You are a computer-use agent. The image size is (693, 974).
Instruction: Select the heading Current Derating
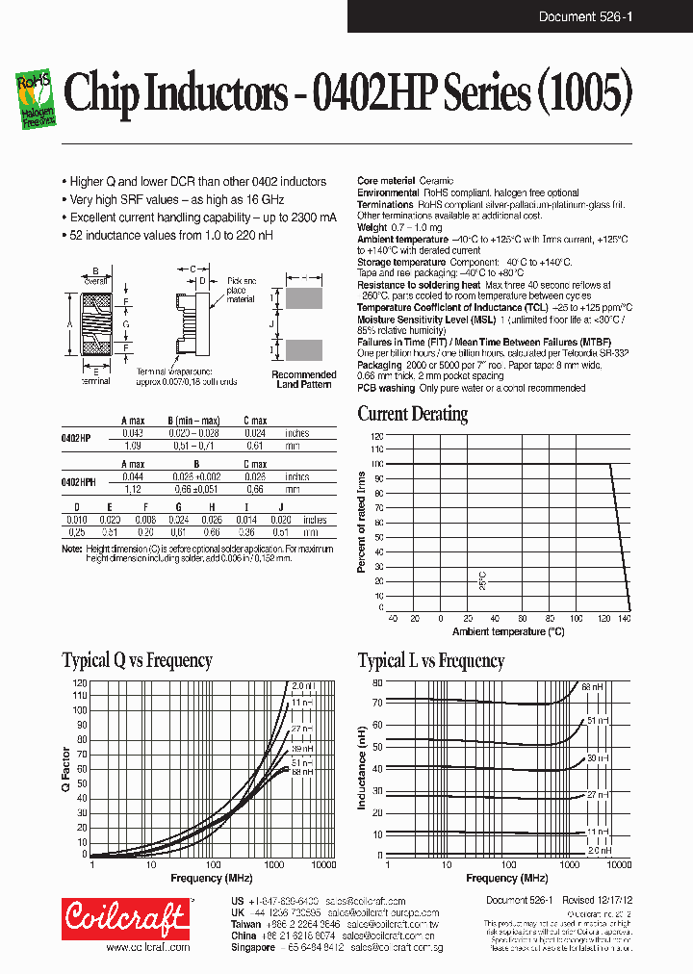(413, 414)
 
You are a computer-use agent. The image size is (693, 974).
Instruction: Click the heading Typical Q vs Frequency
(137, 660)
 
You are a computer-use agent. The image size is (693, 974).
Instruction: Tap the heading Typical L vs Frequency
(431, 660)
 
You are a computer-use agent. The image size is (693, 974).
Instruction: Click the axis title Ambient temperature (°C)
(508, 631)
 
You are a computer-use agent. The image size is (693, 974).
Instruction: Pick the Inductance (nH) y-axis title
(363, 768)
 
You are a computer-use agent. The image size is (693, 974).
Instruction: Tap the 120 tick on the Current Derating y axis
(376, 436)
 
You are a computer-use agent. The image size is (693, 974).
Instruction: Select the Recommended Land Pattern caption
(304, 379)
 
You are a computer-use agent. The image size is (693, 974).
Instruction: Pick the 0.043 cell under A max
(132, 434)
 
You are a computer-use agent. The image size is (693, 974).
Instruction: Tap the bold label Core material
(386, 181)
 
